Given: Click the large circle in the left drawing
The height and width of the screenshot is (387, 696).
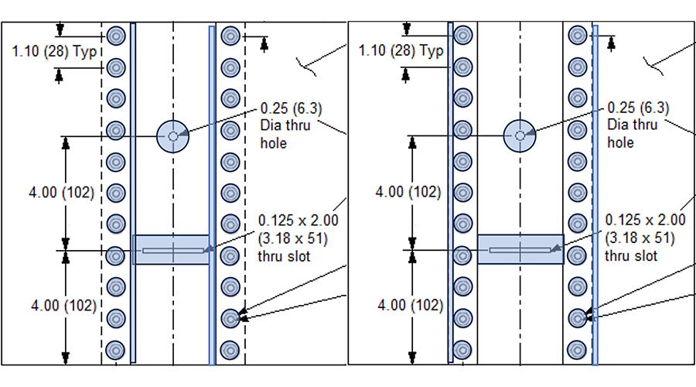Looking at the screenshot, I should (172, 136).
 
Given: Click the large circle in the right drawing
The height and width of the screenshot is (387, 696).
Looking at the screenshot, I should (520, 136).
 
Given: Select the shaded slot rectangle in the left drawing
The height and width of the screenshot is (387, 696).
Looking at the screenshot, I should (172, 250).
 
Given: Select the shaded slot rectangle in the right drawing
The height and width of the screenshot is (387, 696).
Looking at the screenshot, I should (520, 250).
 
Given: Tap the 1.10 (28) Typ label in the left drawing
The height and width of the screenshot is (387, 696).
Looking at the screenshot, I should (53, 51).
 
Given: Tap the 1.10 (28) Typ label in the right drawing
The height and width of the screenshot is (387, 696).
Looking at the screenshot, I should (401, 51).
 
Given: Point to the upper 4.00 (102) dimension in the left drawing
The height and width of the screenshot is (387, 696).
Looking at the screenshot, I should (65, 193).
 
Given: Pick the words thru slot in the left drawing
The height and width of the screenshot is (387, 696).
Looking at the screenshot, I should (284, 256).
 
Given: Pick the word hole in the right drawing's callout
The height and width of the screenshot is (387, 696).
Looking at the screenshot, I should (620, 142).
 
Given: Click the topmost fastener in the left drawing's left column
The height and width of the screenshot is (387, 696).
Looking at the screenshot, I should (116, 36).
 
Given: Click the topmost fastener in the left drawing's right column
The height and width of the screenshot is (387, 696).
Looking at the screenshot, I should (229, 36).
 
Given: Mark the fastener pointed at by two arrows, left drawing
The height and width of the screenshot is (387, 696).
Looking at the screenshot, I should (230, 317).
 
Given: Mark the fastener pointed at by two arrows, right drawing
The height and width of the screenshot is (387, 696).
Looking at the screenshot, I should (577, 317).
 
